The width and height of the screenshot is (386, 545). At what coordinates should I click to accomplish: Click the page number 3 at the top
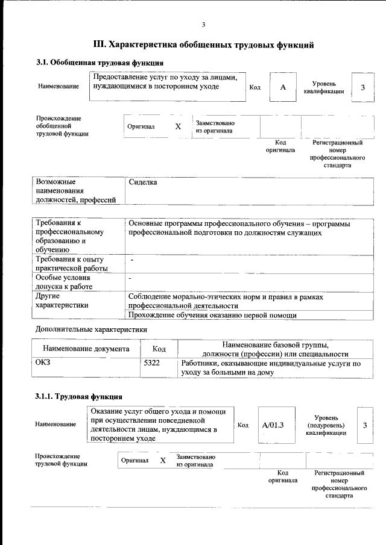203,24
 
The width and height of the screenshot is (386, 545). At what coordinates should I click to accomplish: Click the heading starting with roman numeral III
203,45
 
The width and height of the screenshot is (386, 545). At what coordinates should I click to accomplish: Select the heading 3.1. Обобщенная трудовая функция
99,63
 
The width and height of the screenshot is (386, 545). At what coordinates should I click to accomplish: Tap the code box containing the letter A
283,87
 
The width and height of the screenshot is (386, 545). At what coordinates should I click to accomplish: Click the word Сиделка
143,182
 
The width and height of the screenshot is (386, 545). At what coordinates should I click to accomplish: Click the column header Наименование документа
86,349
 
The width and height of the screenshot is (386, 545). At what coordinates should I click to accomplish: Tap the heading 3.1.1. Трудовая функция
79,396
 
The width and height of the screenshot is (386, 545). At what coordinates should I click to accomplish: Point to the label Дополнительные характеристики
91,329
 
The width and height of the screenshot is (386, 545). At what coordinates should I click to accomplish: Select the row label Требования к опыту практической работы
71,264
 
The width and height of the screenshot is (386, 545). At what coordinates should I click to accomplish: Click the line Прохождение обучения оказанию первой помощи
212,315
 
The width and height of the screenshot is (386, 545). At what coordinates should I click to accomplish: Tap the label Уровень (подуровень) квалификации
326,425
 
